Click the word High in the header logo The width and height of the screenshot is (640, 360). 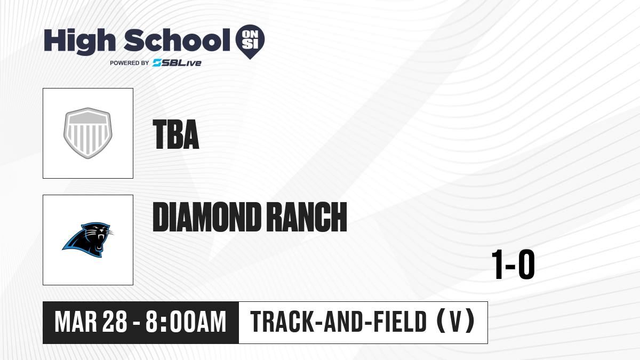79,42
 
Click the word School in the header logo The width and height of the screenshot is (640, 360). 177,41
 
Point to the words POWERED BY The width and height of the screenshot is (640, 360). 130,63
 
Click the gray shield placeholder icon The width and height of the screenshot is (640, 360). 88,133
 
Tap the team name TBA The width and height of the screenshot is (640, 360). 175,134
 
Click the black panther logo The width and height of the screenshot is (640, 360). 87,239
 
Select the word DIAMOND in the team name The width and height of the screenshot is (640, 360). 206,217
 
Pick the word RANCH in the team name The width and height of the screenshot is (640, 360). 308,217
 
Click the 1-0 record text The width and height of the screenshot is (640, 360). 513,265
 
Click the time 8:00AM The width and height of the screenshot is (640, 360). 186,322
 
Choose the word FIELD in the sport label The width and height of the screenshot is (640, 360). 400,322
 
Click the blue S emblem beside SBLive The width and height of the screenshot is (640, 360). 157,63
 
